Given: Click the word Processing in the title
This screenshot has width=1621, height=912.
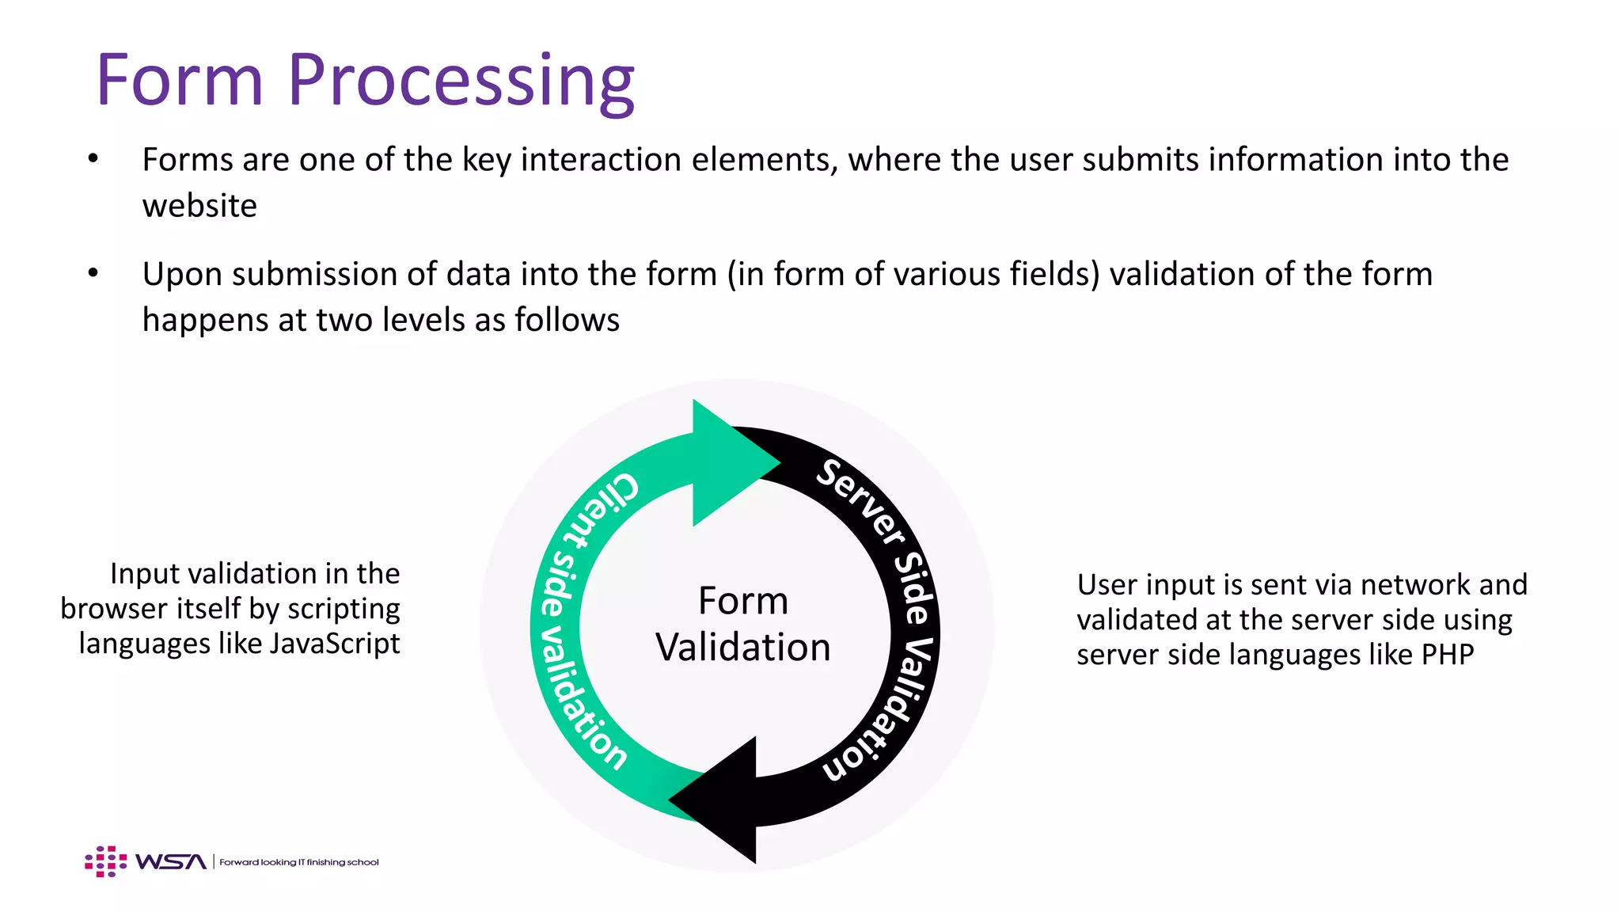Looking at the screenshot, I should [x=461, y=81].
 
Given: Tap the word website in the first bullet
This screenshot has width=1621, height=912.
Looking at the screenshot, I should [x=199, y=206].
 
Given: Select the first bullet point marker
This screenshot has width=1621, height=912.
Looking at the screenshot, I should [x=93, y=159].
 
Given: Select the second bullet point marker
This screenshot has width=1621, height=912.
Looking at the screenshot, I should [x=93, y=273].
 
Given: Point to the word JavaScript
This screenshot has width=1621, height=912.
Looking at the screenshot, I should [x=334, y=644].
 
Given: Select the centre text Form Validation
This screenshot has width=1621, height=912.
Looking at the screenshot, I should [x=742, y=624].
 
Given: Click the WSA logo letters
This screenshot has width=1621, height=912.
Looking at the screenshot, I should [x=170, y=861].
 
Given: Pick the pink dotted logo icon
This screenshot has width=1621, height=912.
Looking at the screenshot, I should [x=105, y=861].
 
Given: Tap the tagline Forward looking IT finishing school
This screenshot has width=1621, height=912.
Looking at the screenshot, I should [x=299, y=862].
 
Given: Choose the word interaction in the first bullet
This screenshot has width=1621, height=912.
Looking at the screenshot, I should [x=602, y=160].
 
